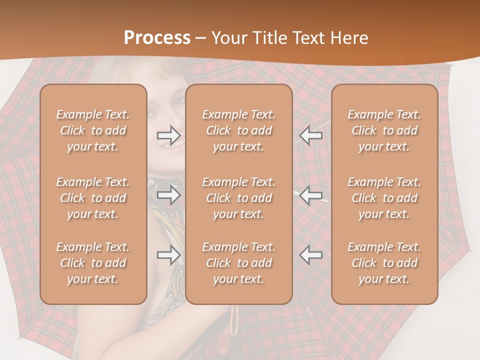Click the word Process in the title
tap(157, 38)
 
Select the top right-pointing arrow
tap(169, 135)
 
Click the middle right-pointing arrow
tap(169, 195)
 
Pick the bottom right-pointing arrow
tap(169, 255)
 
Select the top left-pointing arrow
tap(310, 135)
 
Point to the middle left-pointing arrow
tap(310, 195)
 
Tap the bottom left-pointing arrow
tap(310, 255)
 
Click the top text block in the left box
tap(93, 130)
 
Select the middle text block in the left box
tap(93, 198)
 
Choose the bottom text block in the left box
tap(93, 263)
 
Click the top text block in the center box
tap(238, 130)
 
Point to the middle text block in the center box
tap(238, 198)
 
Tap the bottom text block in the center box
tap(238, 263)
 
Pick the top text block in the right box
tap(384, 130)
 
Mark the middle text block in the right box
tap(384, 198)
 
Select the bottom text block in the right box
tap(384, 263)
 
